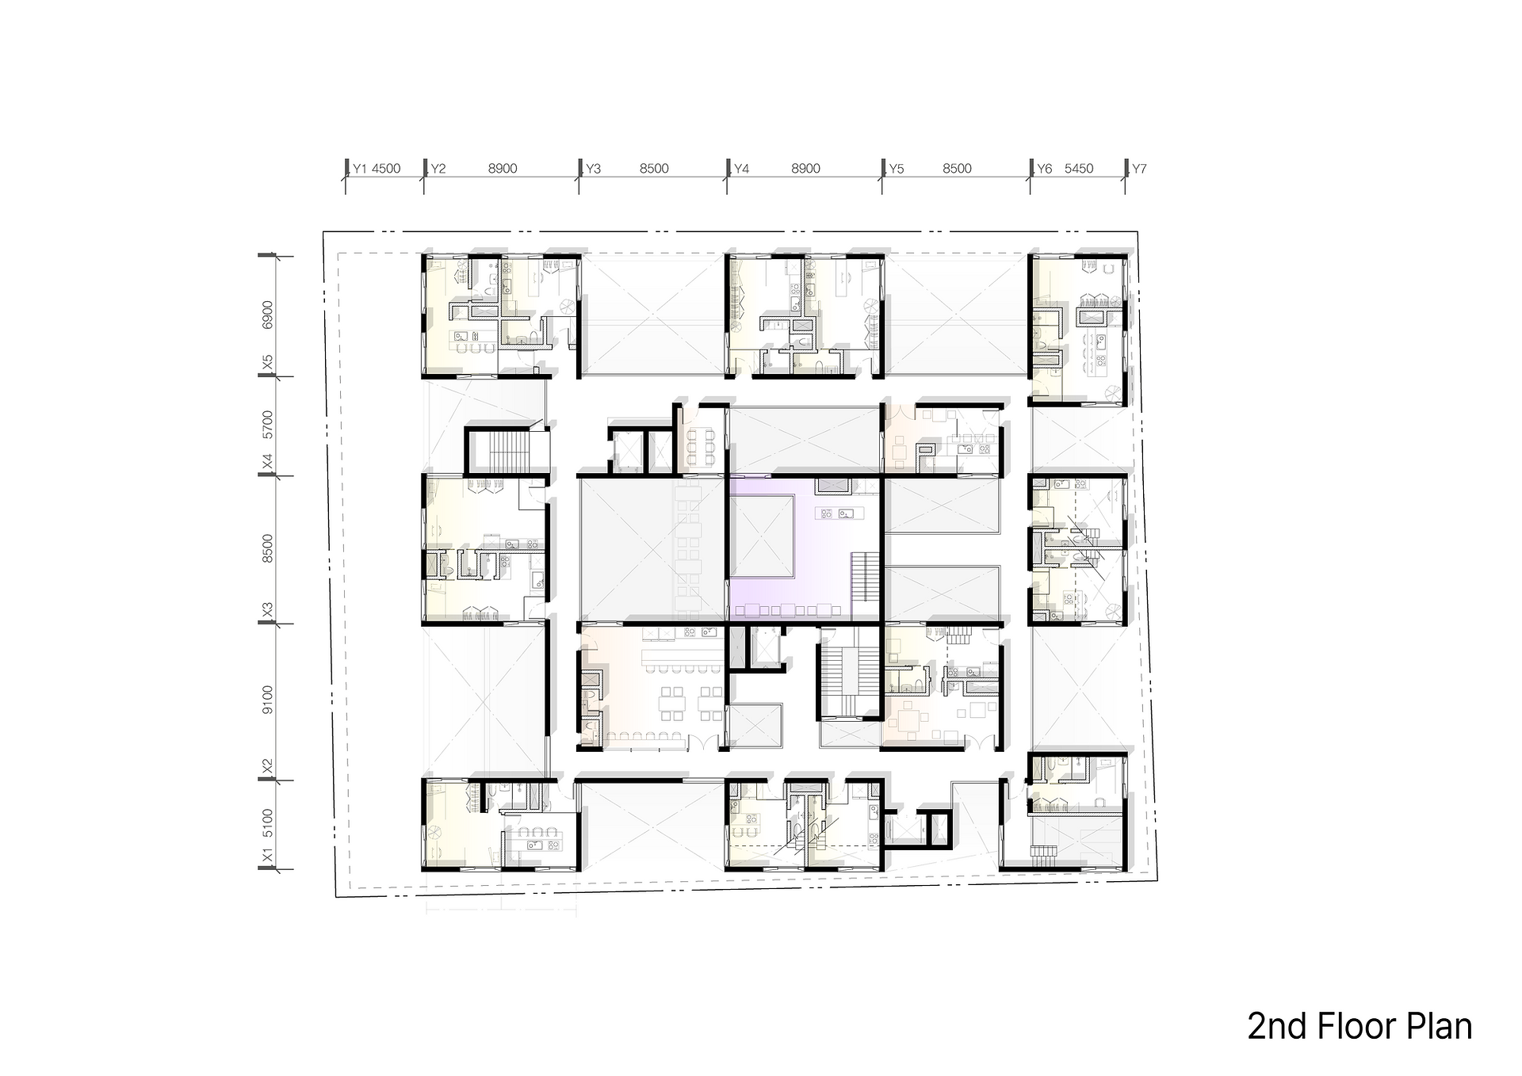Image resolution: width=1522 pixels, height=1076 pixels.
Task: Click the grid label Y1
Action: (360, 169)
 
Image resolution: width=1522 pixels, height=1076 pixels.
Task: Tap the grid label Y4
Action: (742, 169)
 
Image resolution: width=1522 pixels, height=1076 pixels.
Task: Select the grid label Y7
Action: (1139, 169)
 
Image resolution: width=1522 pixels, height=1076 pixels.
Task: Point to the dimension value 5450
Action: (1079, 169)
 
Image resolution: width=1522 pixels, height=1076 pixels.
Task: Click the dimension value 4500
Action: (386, 169)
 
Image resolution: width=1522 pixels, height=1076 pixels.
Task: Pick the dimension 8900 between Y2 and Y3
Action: (503, 169)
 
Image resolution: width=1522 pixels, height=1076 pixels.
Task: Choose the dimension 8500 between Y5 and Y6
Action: (958, 169)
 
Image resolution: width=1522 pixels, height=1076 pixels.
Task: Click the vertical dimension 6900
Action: (268, 315)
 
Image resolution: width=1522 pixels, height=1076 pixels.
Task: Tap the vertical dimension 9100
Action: (268, 700)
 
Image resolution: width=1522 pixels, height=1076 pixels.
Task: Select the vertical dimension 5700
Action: (268, 425)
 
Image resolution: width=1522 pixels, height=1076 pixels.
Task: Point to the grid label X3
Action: (268, 611)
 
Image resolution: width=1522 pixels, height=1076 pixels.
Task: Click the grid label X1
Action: (268, 857)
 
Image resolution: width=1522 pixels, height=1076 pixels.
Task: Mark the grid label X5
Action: (268, 363)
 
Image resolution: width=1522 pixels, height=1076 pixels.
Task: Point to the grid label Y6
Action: (1045, 169)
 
